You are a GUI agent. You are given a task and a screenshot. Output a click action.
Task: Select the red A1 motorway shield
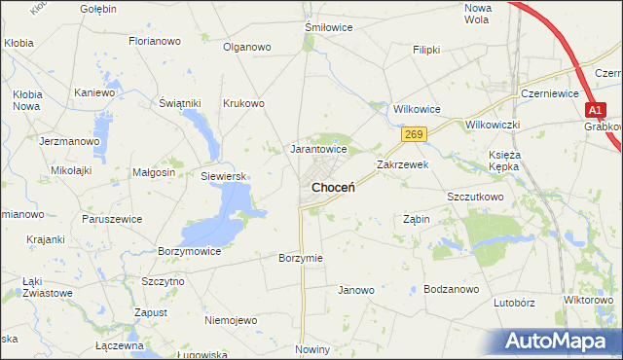coord(596,110)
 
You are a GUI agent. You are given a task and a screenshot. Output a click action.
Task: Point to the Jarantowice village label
coord(319,150)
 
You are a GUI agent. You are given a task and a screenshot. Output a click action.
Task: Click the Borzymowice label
coord(189,251)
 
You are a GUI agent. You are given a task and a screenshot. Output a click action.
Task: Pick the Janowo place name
coord(355,290)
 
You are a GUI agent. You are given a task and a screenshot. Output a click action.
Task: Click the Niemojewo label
coord(231,320)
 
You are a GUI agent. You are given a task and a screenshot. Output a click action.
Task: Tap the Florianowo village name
coord(156,42)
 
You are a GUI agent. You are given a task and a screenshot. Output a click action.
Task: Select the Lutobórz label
coord(515,303)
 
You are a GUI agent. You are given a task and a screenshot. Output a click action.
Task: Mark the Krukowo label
coord(243,103)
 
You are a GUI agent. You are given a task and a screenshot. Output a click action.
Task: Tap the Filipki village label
coord(426,49)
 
